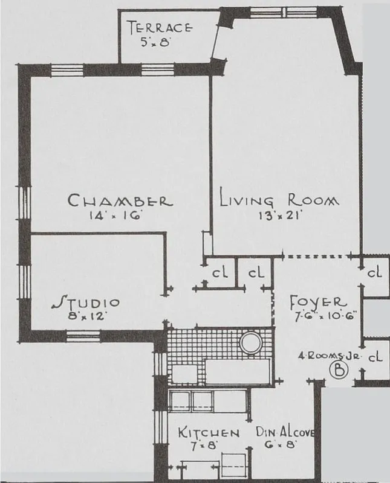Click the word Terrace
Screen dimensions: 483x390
[x=160, y=28]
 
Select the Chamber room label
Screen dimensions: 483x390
[x=120, y=200]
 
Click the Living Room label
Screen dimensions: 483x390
[x=279, y=200]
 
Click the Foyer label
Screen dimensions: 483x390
[x=318, y=301]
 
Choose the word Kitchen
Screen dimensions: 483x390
[x=209, y=433]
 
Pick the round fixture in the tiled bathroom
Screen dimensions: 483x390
[x=250, y=344]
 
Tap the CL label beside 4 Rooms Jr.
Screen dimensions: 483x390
[x=375, y=356]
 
